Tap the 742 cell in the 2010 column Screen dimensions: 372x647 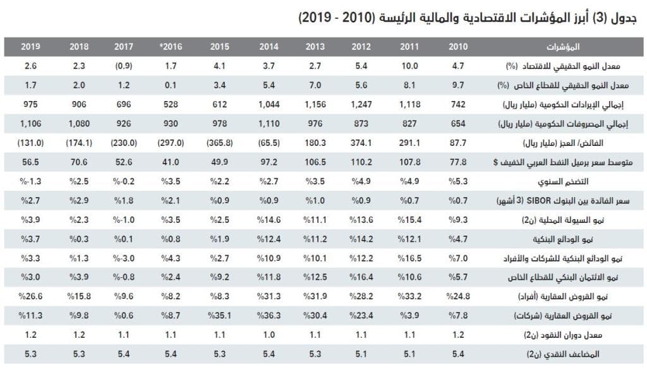pos(457,104)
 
